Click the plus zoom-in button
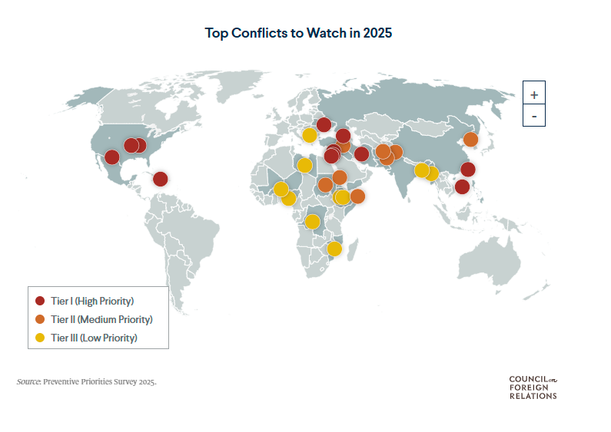point(534,94)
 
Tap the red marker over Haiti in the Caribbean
point(160,179)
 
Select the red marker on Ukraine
point(324,124)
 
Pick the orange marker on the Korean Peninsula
point(470,140)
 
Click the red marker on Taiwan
point(467,170)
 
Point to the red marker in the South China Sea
point(462,186)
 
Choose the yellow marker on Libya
point(304,165)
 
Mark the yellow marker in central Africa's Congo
point(312,222)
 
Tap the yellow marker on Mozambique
point(334,249)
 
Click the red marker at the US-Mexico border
point(111,157)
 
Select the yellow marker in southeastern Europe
point(309,136)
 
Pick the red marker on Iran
point(361,153)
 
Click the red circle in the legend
point(41,300)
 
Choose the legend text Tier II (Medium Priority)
point(101,319)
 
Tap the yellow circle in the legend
point(41,338)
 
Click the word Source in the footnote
point(28,381)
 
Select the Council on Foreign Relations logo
point(533,387)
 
